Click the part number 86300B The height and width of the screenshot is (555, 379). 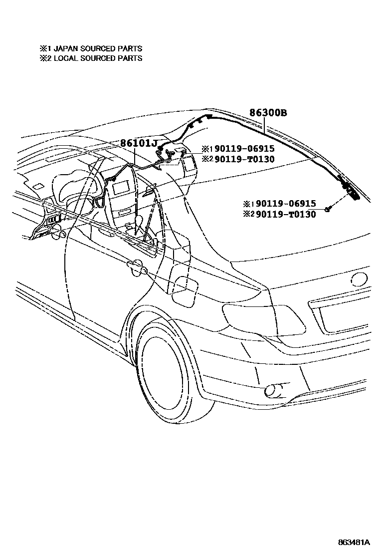click(x=268, y=113)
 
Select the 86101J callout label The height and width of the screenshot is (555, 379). click(x=138, y=144)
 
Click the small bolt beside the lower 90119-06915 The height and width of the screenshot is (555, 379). click(x=327, y=209)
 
